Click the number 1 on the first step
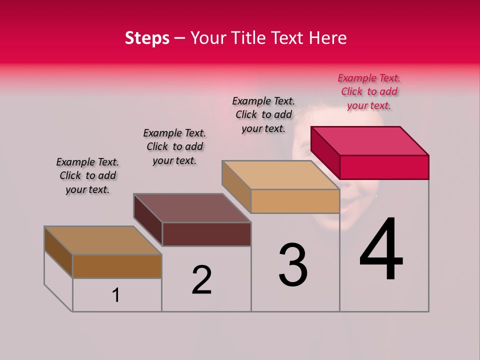point(116,295)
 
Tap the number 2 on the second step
point(201,279)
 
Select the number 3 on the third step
point(292,265)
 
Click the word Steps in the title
point(147,38)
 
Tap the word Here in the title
point(328,38)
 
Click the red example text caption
point(369,92)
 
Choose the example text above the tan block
point(263,114)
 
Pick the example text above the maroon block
point(174,147)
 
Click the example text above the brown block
point(87,176)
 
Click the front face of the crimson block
point(384,167)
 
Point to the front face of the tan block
point(295,201)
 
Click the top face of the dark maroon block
point(192,208)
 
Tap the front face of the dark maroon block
point(206,234)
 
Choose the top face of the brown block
point(103,240)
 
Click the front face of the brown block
point(117,266)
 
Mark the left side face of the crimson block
point(325,152)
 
